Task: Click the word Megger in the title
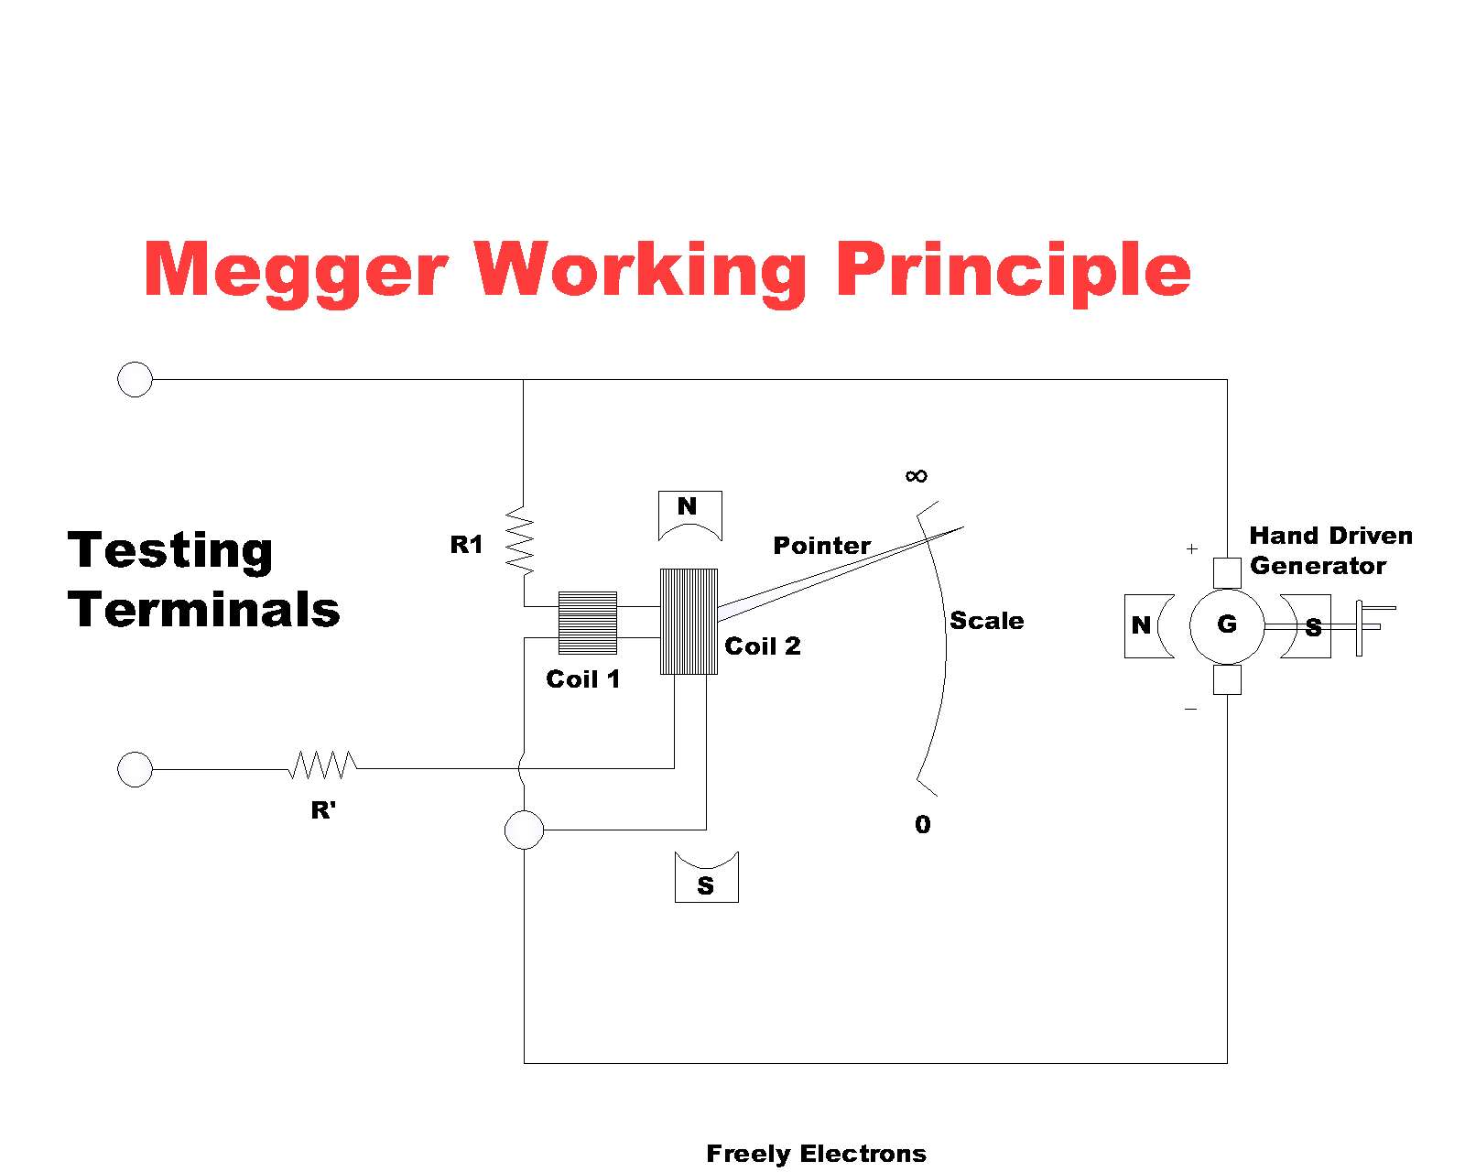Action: coord(295,271)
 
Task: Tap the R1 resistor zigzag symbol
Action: coord(520,540)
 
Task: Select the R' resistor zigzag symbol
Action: coord(323,765)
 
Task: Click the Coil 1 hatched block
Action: coord(588,623)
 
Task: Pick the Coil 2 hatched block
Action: coord(689,622)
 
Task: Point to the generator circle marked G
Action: coord(1226,625)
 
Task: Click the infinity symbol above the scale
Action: coord(916,476)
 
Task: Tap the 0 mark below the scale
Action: coord(922,825)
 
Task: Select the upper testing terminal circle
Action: coord(136,379)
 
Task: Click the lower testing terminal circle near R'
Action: coord(136,769)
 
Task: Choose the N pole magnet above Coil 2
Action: coord(689,513)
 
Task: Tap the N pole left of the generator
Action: coord(1145,625)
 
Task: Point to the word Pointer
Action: coord(821,546)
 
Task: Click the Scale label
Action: coord(986,621)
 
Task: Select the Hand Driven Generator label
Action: coord(1330,550)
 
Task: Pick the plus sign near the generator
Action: coord(1191,548)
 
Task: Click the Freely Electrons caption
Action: coord(816,1154)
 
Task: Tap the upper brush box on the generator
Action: coord(1226,573)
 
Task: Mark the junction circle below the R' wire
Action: coord(524,830)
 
